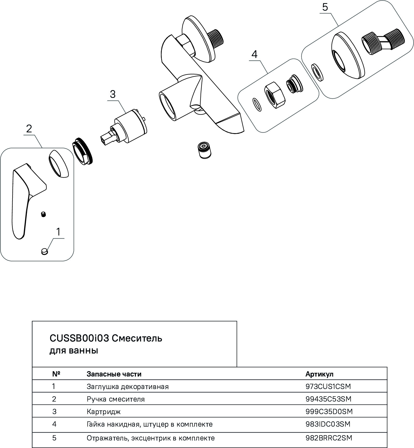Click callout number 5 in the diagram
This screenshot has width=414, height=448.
pos(325,7)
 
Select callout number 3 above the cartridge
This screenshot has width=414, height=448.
pos(112,94)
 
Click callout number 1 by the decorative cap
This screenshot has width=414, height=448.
pos(58,232)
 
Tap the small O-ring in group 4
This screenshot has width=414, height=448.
pos(257,104)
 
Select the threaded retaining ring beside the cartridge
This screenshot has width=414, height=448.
pos(82,151)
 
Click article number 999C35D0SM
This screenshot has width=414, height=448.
pos(329,412)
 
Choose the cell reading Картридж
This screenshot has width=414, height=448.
pos(104,412)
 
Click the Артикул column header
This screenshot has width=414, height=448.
pos(319,374)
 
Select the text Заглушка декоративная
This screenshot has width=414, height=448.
pos(128,387)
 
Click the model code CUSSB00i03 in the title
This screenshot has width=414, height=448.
pos(79,338)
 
